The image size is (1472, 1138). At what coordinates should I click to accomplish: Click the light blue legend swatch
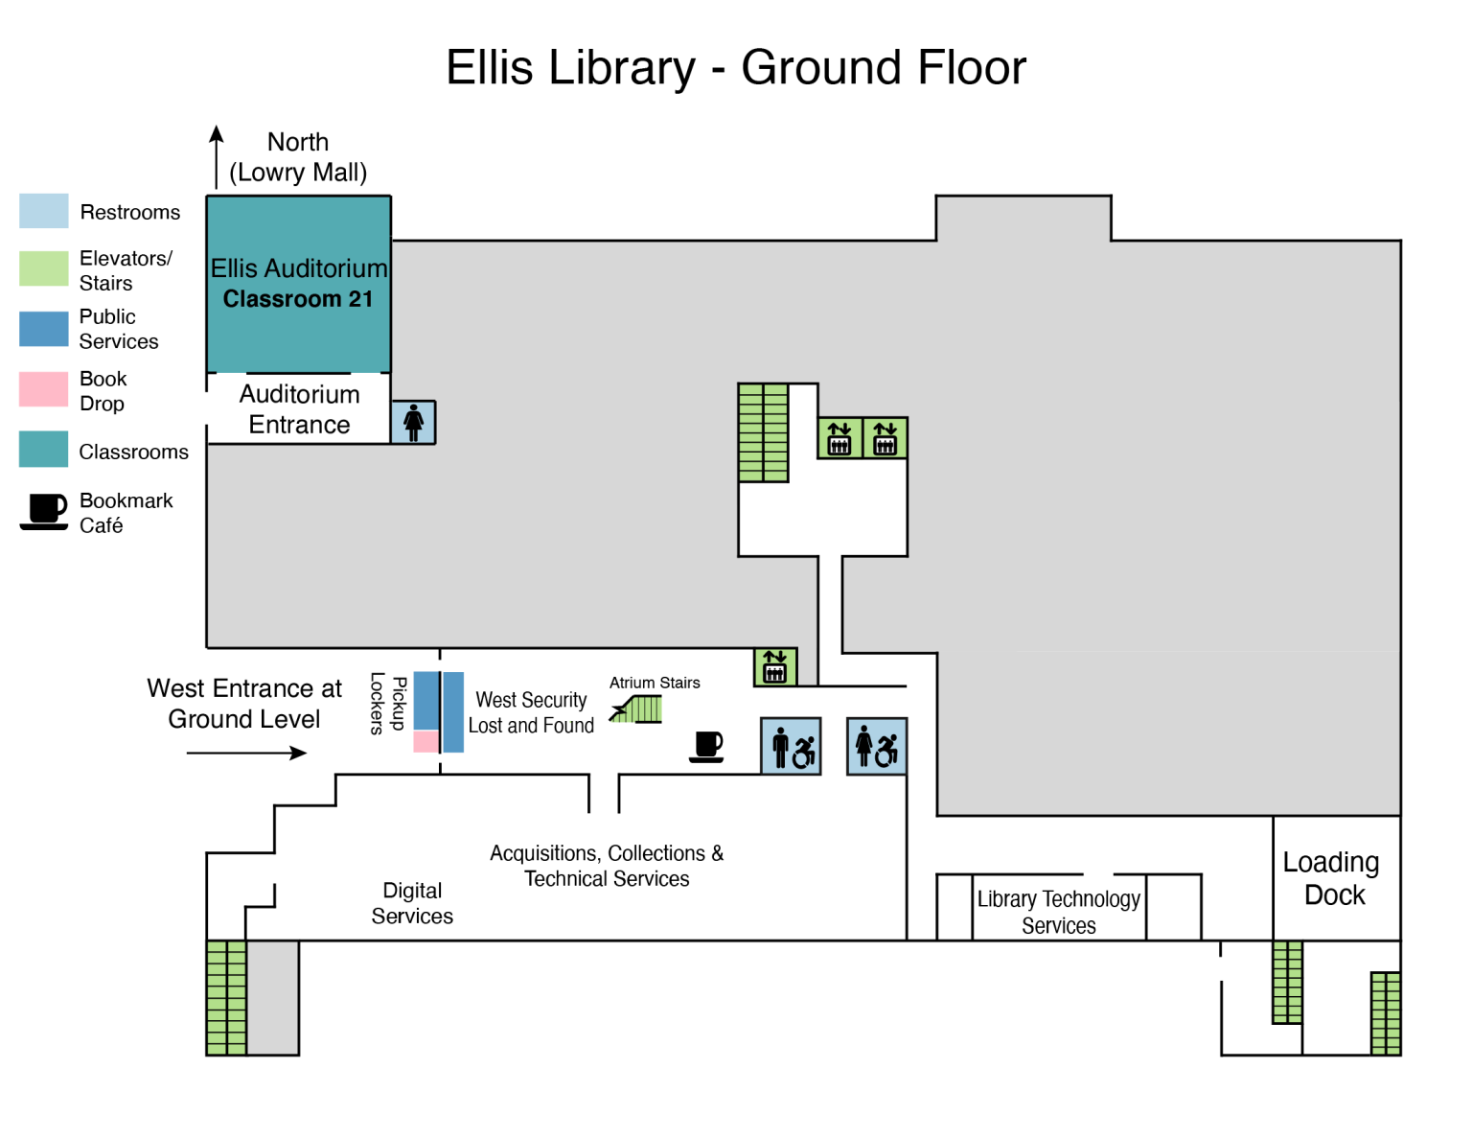tap(44, 211)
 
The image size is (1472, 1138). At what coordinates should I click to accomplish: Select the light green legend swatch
tap(44, 268)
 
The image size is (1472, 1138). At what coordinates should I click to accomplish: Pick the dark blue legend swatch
tap(44, 329)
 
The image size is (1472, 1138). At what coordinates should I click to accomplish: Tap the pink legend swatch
tap(44, 389)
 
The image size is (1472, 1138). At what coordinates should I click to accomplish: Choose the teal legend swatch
tap(44, 449)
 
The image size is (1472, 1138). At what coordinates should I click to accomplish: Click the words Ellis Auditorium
tap(299, 268)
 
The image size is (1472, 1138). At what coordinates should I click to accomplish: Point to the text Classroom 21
tap(298, 299)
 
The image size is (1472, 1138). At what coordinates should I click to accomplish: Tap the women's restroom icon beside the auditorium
tap(414, 423)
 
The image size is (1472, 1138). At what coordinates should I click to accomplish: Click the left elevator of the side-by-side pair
tap(839, 438)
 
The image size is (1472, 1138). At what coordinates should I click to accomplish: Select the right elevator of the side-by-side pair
tap(885, 438)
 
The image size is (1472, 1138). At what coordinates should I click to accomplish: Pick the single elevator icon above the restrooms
tap(775, 667)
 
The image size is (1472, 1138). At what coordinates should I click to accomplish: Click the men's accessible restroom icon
tap(791, 746)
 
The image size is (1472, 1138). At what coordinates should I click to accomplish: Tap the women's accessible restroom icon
tap(877, 746)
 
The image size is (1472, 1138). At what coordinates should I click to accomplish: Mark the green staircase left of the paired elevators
tap(763, 432)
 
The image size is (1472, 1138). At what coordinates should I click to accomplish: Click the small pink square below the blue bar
tap(425, 741)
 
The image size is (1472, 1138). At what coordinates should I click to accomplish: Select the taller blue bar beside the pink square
tap(454, 712)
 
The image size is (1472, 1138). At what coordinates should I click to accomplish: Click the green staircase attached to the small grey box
tap(227, 998)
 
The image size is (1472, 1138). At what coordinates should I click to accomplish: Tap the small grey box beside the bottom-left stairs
tap(273, 998)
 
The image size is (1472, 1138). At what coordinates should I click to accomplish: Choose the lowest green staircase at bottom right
tap(1386, 1014)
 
